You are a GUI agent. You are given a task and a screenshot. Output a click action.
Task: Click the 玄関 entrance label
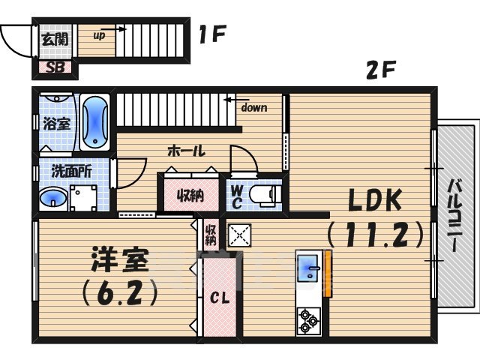pyautogui.click(x=55, y=38)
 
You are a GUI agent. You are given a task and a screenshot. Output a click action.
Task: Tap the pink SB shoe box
pyautogui.click(x=55, y=68)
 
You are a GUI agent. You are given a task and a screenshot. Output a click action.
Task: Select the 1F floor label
pyautogui.click(x=213, y=34)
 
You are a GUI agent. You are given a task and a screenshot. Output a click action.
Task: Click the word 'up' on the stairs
pyautogui.click(x=99, y=34)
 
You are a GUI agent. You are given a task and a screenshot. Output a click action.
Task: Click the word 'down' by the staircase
pyautogui.click(x=253, y=107)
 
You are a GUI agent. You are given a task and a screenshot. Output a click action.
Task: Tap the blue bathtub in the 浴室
pyautogui.click(x=95, y=121)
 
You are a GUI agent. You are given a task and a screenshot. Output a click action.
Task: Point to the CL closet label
pyautogui.click(x=219, y=298)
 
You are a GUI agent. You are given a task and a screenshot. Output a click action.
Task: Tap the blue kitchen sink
pyautogui.click(x=308, y=268)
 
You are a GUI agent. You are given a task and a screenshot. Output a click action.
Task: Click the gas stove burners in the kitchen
pyautogui.click(x=308, y=320)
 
